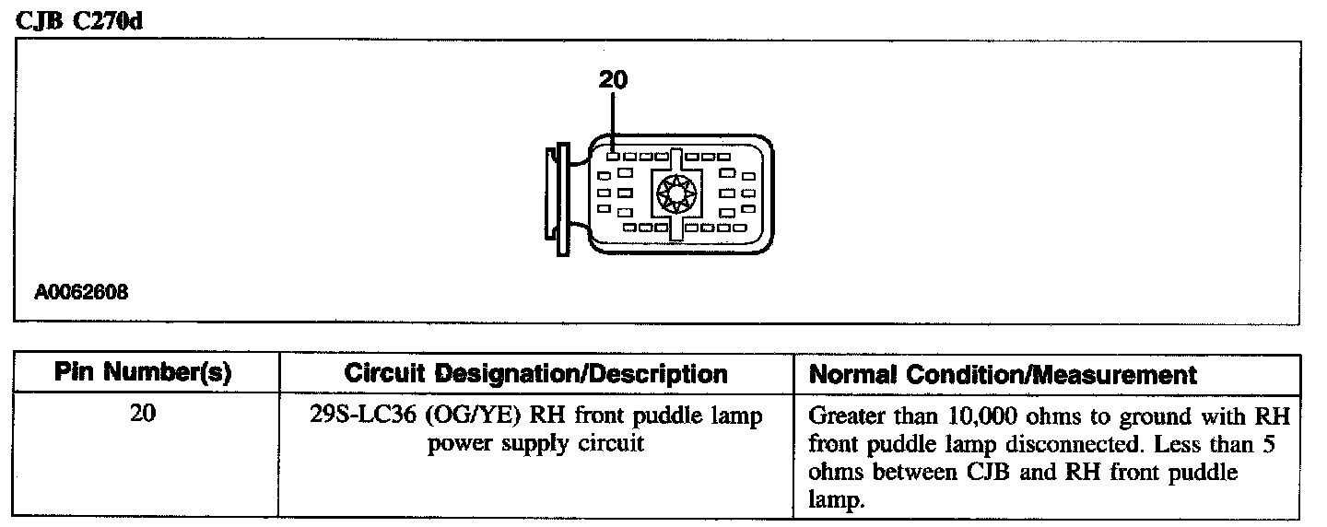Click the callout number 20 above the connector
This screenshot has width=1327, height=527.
tap(613, 80)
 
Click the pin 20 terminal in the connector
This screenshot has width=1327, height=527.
tap(613, 157)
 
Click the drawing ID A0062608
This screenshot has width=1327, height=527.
tap(81, 293)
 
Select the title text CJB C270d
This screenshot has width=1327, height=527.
tap(80, 21)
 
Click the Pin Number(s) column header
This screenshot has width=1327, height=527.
tap(143, 374)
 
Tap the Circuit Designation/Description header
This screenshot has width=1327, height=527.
tap(535, 374)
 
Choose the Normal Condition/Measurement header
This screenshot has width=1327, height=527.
tap(1003, 375)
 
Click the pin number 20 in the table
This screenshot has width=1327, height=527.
tap(144, 416)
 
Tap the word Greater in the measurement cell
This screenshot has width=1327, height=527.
tap(842, 417)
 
